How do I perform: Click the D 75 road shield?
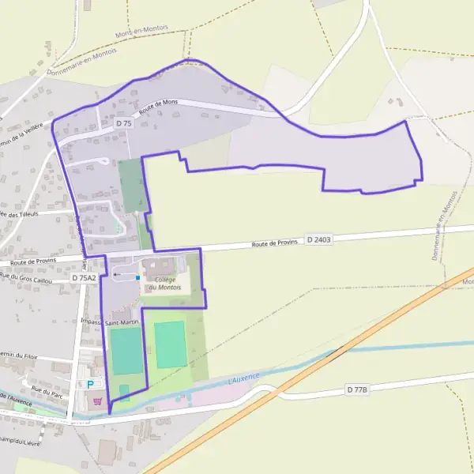(x=123, y=123)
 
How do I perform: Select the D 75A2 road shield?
(x=83, y=278)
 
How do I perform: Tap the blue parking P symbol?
(x=89, y=384)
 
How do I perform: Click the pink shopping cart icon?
(x=97, y=401)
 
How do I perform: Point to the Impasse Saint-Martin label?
(x=111, y=322)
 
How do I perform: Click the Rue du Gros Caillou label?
(x=26, y=278)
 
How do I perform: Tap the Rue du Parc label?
(x=47, y=389)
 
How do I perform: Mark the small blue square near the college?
(x=137, y=277)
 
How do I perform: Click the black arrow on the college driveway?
(x=117, y=275)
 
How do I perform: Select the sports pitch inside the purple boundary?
(x=126, y=351)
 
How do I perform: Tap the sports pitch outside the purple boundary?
(x=171, y=344)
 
